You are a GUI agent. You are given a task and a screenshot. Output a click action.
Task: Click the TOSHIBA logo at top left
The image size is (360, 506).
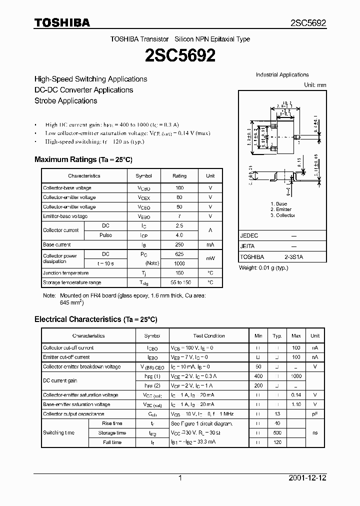[x=62, y=22]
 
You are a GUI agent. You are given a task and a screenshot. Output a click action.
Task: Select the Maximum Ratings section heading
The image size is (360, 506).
[x=83, y=159]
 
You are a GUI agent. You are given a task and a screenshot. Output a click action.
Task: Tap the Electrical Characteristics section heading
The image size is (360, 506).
[x=95, y=318]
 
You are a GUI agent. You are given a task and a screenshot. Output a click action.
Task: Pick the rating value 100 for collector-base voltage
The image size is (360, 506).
[x=179, y=188]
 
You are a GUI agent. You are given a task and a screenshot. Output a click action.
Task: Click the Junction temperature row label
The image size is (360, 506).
[x=66, y=273]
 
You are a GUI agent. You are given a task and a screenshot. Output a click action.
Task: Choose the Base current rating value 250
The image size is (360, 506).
[x=179, y=244]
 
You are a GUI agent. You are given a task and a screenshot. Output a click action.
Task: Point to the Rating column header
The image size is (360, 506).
[x=179, y=176]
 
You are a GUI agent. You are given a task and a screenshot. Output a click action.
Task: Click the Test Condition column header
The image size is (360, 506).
[x=209, y=336]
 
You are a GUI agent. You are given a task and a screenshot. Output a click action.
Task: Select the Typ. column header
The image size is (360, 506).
[x=277, y=336]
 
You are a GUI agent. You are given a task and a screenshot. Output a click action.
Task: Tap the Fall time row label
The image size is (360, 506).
[x=112, y=442]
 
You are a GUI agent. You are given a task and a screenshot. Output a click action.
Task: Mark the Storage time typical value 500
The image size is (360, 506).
[x=277, y=432]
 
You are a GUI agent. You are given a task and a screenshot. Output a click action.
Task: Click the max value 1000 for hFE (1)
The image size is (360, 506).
[x=296, y=376]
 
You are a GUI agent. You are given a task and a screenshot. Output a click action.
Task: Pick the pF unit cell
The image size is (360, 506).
[x=315, y=414]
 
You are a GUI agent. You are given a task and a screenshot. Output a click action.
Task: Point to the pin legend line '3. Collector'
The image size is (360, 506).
[x=282, y=215]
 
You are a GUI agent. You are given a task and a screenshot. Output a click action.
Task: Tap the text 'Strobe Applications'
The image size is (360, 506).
[x=65, y=100]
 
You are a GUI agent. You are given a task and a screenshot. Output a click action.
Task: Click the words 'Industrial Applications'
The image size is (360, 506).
[x=282, y=74]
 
